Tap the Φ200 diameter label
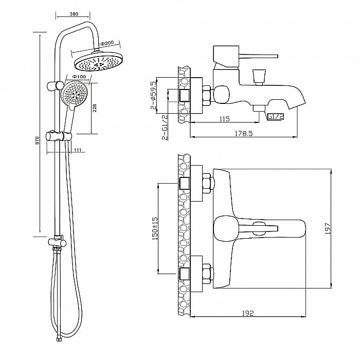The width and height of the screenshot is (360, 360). click(108, 42)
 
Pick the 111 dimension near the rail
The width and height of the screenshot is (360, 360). click(78, 150)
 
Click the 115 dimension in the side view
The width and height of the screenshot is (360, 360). click(224, 119)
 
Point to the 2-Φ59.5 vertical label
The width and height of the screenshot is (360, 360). click(153, 96)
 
